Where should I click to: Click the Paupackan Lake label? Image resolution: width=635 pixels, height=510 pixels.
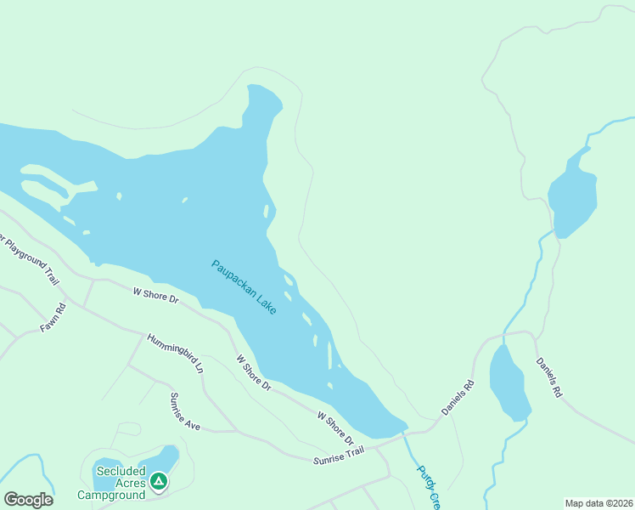point(244,287)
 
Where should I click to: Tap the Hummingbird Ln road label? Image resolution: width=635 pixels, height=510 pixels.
point(175,354)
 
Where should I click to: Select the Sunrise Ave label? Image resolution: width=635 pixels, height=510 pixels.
point(184,411)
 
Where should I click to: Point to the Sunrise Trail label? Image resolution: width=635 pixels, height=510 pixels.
point(338,455)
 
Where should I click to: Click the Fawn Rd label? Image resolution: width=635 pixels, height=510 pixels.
point(53,317)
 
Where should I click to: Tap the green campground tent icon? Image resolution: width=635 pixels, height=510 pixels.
point(158,482)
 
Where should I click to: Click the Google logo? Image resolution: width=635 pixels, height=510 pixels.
point(28,500)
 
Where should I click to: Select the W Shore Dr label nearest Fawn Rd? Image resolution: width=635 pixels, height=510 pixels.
point(155,295)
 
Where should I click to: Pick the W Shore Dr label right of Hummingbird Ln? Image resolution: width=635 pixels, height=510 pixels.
point(253,372)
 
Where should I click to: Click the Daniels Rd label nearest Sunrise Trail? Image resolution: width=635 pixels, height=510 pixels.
point(458,397)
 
